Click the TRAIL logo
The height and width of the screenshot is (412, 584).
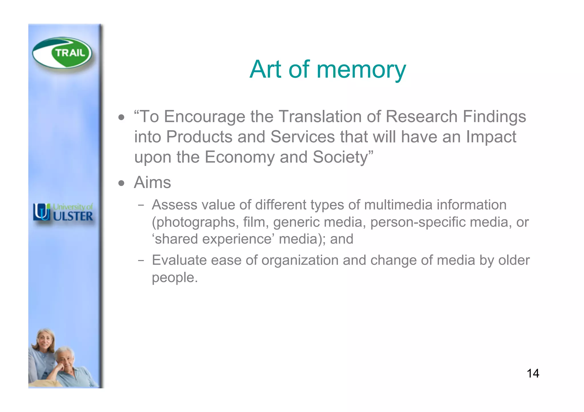click(62, 53)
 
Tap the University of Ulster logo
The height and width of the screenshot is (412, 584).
click(63, 212)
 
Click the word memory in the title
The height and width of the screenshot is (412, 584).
click(361, 69)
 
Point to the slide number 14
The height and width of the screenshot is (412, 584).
click(533, 374)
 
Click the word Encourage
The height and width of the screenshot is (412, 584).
click(204, 117)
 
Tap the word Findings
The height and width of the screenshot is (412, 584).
click(494, 117)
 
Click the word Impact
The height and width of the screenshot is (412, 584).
click(491, 137)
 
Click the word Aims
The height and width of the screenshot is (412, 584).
click(153, 183)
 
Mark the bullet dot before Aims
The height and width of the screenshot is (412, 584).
click(121, 183)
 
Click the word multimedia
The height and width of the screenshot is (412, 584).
click(398, 205)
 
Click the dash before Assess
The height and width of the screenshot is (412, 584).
click(141, 205)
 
